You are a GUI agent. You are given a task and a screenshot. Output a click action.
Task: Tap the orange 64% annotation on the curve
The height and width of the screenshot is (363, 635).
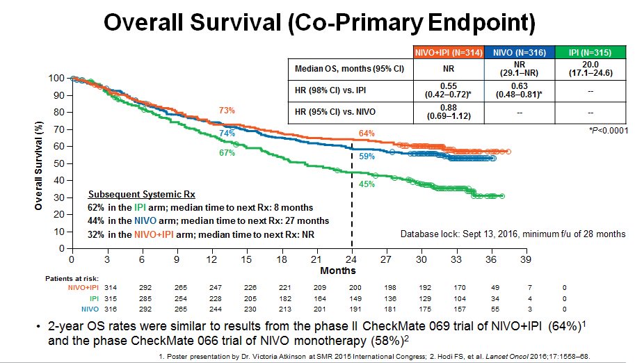coord(367,133)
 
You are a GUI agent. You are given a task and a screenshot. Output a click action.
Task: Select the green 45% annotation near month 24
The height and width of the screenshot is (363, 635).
coord(367,184)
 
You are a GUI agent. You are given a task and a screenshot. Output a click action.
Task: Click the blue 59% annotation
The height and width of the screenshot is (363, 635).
coord(367,157)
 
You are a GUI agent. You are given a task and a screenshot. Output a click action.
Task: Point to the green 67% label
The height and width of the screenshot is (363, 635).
coord(227,153)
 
